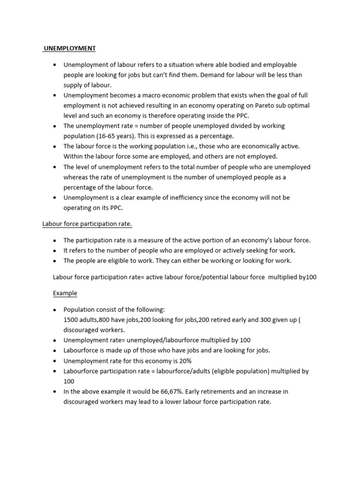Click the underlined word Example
65,293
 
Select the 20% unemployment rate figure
184,360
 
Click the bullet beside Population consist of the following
55,310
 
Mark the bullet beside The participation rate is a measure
55,240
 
